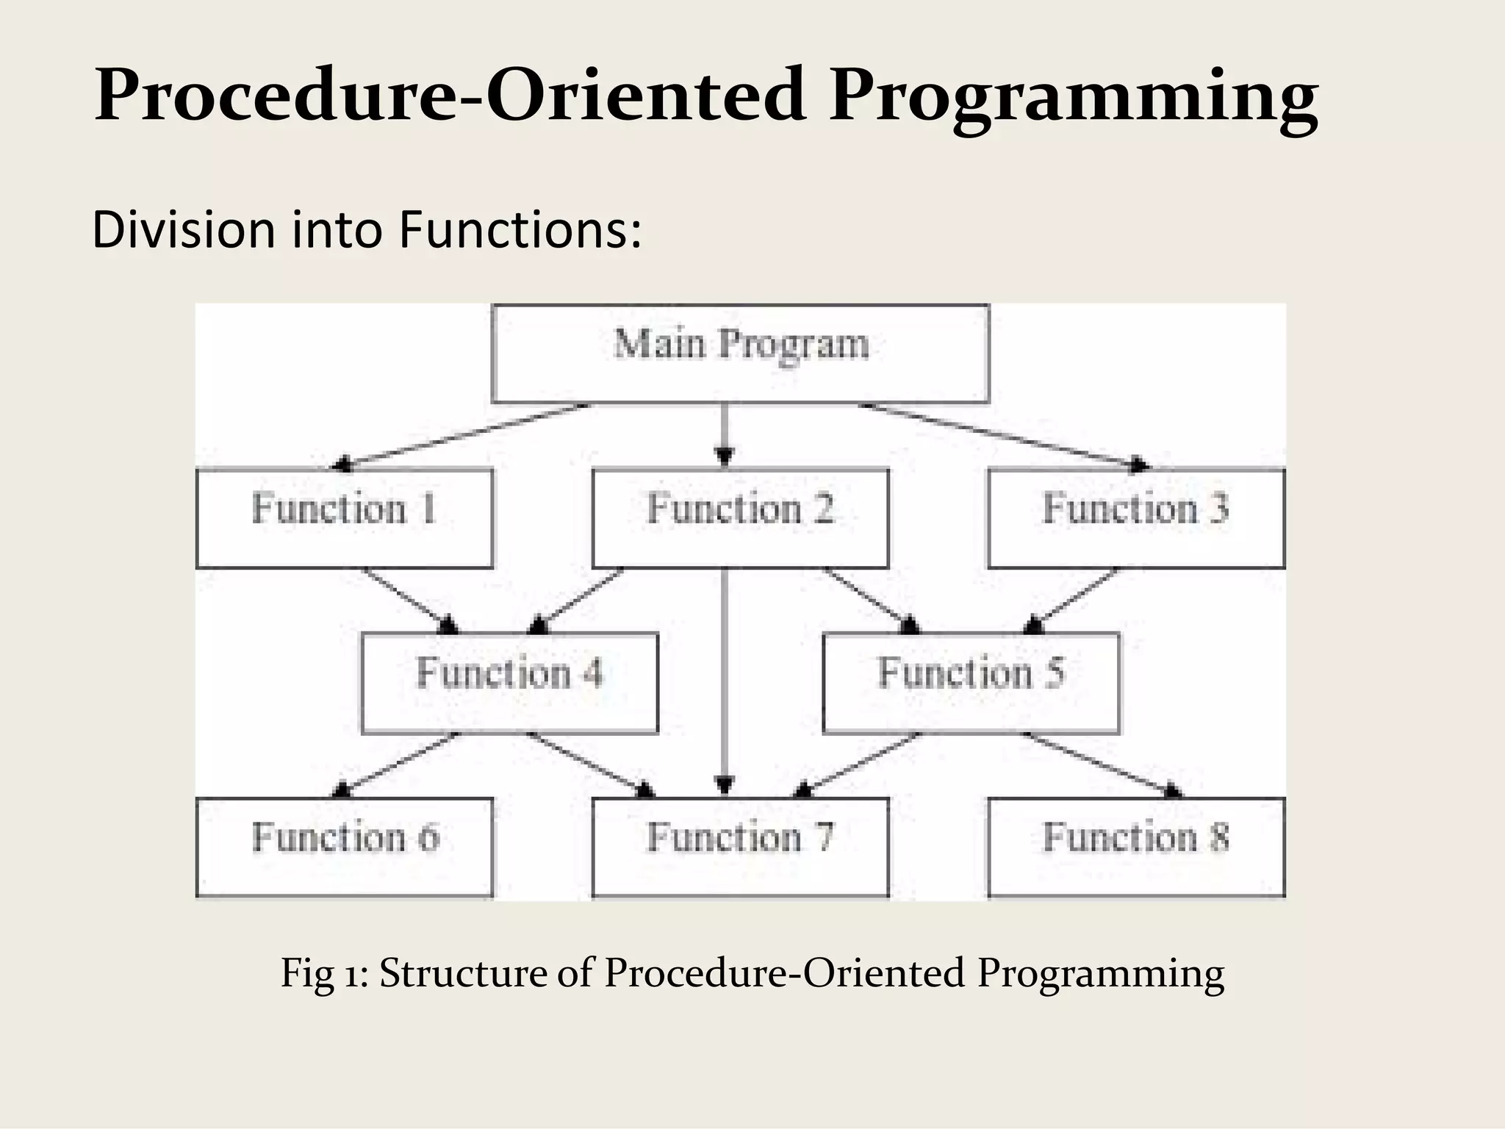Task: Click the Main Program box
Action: tap(740, 354)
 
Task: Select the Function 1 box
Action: tap(345, 518)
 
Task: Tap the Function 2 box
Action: tap(740, 518)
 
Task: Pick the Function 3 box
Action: tap(1136, 518)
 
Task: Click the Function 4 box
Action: tap(509, 683)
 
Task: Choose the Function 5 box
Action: tap(971, 683)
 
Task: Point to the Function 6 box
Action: tap(345, 847)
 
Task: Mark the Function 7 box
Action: tap(740, 847)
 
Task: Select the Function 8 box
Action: tap(1136, 847)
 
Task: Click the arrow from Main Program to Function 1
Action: tap(463, 435)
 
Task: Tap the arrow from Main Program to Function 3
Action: tap(1003, 435)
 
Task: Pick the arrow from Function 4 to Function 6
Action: tap(397, 764)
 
